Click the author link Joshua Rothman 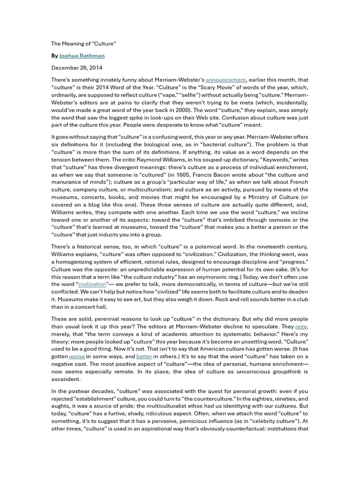pyautogui.click(x=82, y=55)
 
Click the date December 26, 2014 pyautogui.click(x=77, y=67)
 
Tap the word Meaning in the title pyautogui.click(x=74, y=44)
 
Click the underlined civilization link pyautogui.click(x=93, y=284)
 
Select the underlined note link pyautogui.click(x=301, y=326)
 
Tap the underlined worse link pyautogui.click(x=77, y=356)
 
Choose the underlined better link pyautogui.click(x=144, y=356)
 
